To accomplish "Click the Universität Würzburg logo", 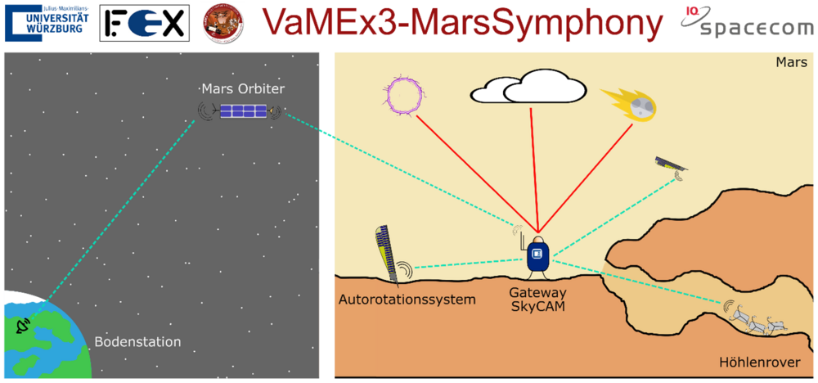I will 47,22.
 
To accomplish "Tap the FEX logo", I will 144,23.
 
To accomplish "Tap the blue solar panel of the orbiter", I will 243,111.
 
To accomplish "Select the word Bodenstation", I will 137,341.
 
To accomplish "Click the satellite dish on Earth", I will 24,327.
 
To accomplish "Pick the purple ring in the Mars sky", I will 402,94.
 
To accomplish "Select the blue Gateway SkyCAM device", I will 537,254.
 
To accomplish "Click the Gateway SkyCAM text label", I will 536,299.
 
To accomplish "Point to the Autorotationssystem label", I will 407,300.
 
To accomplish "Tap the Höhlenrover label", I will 759,362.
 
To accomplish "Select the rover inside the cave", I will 757,320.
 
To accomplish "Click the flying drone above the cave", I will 671,165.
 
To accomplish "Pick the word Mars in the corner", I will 791,63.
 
